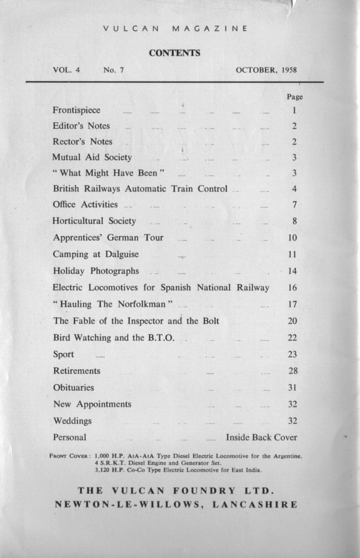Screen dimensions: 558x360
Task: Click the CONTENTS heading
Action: point(174,54)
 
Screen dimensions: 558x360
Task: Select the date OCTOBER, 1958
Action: point(266,70)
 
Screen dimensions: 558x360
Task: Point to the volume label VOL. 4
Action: point(66,70)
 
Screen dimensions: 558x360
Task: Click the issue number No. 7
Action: point(113,70)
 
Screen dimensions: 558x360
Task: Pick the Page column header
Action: point(295,96)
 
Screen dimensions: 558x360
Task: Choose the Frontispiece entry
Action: point(76,110)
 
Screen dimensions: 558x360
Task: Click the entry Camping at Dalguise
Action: point(96,255)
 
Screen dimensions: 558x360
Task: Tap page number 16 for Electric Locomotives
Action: point(293,288)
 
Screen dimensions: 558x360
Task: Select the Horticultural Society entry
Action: point(94,221)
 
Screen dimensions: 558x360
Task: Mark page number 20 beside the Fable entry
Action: point(293,321)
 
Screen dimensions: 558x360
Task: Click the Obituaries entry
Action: point(74,387)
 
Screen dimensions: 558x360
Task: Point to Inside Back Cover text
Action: point(261,437)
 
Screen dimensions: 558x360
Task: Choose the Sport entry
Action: point(64,354)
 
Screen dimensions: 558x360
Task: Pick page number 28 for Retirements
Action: point(293,371)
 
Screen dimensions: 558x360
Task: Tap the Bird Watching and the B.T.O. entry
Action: point(114,338)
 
